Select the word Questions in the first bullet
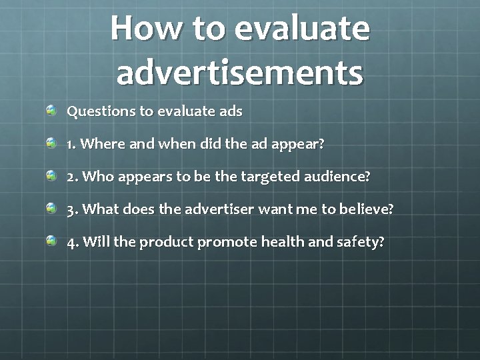coord(101,111)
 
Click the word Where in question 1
coord(101,144)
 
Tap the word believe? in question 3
coord(367,209)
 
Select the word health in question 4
coord(283,241)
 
